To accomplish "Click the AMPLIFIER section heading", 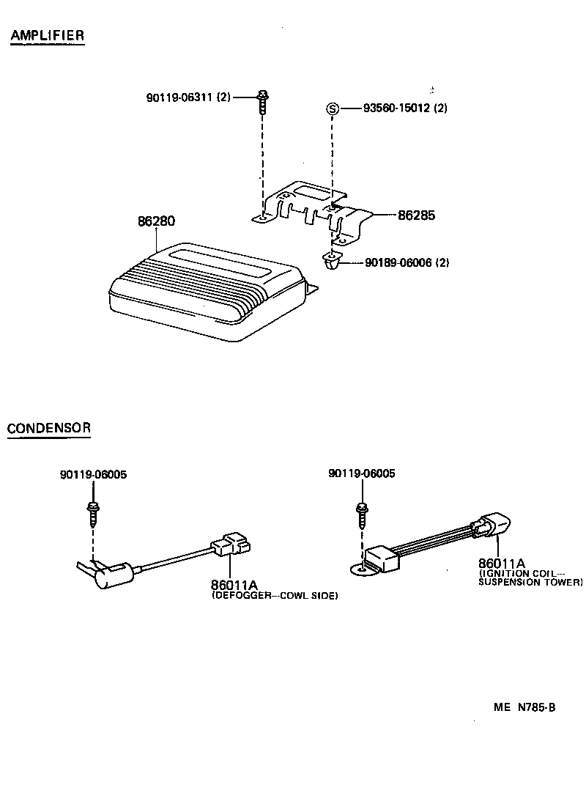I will pos(47,35).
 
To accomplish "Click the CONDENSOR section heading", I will pos(48,428).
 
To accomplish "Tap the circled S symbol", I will pos(332,109).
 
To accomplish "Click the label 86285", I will pos(416,216).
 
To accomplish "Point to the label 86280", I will pos(155,221).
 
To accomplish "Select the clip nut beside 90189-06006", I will pos(331,261).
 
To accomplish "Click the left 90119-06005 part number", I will pos(93,474).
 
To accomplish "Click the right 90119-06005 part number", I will pos(362,473).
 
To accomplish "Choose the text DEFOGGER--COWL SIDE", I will pos(275,597).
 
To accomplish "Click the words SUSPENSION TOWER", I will pos(530,582).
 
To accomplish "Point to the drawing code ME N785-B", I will pos(524,707).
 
